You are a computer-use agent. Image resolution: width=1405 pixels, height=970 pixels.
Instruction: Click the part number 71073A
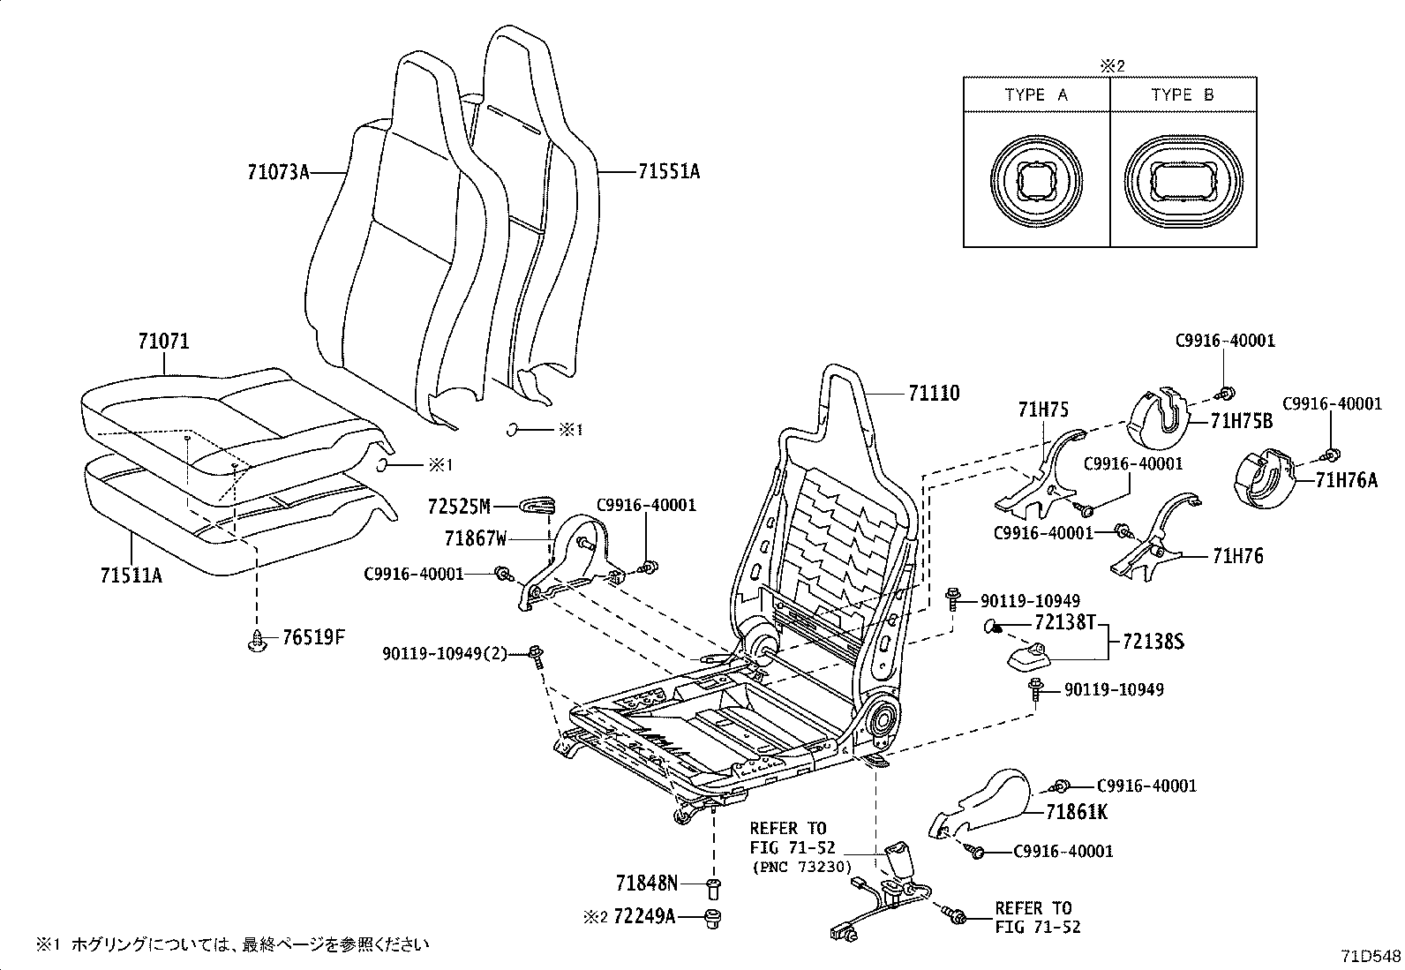pyautogui.click(x=278, y=172)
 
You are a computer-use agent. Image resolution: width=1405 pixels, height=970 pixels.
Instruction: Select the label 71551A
pyautogui.click(x=668, y=172)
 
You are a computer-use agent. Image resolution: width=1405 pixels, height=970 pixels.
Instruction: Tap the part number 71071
pyautogui.click(x=163, y=342)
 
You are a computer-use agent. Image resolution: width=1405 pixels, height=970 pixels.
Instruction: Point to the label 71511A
pyautogui.click(x=131, y=575)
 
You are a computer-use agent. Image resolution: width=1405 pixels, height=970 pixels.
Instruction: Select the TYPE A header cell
pyautogui.click(x=1035, y=95)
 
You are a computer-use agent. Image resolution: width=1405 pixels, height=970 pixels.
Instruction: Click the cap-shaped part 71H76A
pyautogui.click(x=1265, y=479)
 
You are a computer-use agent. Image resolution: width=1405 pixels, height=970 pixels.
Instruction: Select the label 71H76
pyautogui.click(x=1237, y=556)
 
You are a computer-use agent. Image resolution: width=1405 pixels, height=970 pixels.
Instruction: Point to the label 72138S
pyautogui.click(x=1153, y=642)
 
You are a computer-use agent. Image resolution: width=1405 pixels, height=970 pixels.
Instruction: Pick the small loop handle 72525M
pyautogui.click(x=538, y=503)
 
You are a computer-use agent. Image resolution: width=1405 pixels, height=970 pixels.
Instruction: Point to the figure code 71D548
pyautogui.click(x=1371, y=956)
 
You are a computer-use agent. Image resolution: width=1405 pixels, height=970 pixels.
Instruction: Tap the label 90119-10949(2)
pyautogui.click(x=446, y=653)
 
